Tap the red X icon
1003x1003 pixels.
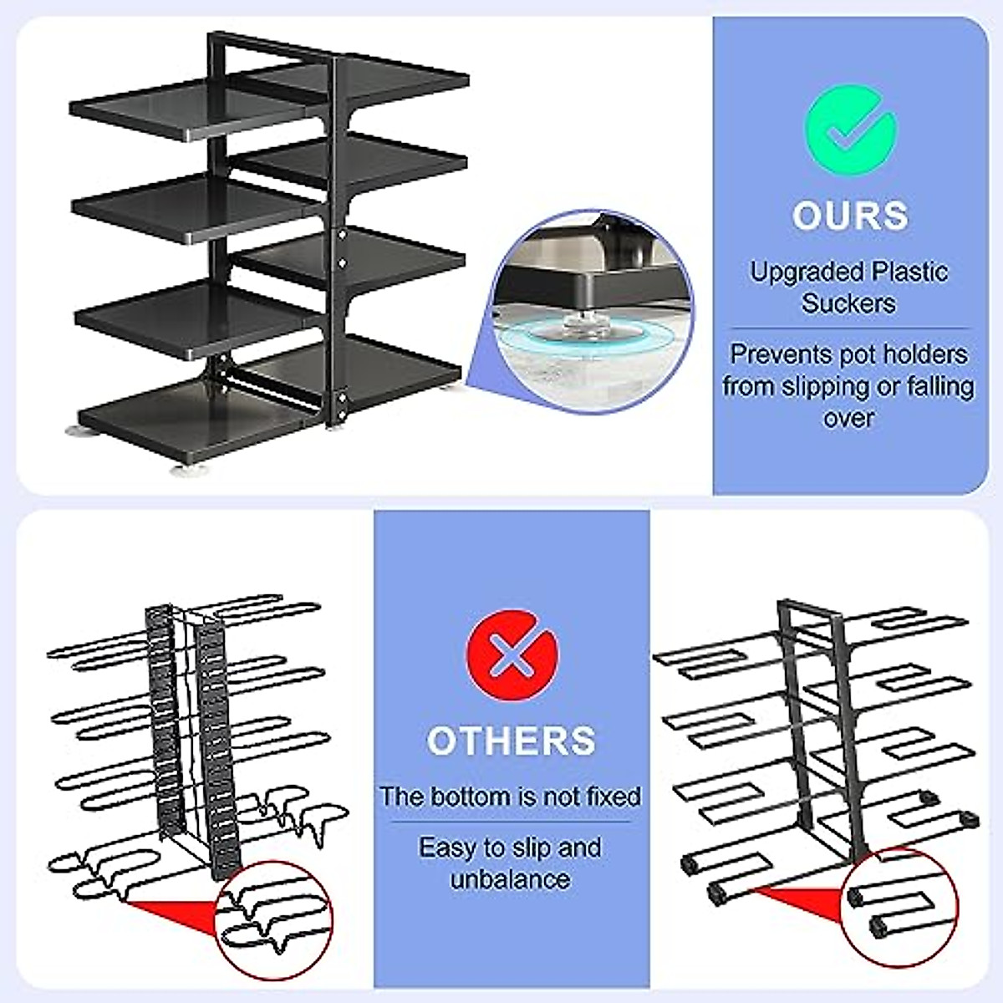pyautogui.click(x=511, y=657)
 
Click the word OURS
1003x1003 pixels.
pyautogui.click(x=850, y=216)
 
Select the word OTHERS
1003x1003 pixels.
pyautogui.click(x=511, y=741)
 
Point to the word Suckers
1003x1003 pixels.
pyautogui.click(x=848, y=303)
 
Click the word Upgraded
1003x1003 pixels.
pyautogui.click(x=806, y=272)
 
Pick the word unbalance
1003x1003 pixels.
pyautogui.click(x=510, y=879)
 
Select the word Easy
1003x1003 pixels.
pyautogui.click(x=447, y=848)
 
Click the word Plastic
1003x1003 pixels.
pyautogui.click(x=909, y=272)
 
